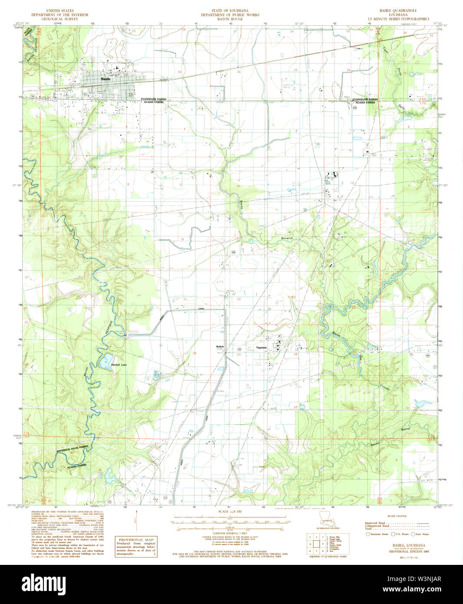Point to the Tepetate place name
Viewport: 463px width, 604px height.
pos(261,348)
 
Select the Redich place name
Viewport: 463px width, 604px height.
pos(220,346)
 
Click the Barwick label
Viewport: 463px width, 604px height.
pos(287,239)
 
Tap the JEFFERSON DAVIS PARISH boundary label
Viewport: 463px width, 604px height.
pos(72,450)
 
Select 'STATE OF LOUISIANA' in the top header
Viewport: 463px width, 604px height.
pos(230,10)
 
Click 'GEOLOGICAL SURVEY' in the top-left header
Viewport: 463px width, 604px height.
pos(60,19)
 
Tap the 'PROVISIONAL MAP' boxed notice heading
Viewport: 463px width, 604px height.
pos(136,540)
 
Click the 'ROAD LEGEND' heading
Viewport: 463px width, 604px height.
pos(398,516)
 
